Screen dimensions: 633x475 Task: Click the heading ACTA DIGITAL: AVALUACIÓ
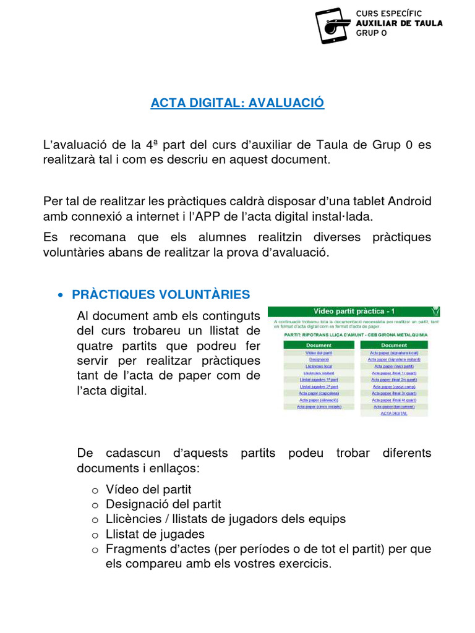pos(237,103)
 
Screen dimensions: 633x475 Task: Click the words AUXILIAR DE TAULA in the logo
pos(399,23)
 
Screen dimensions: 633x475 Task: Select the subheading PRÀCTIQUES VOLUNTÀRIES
pos(161,294)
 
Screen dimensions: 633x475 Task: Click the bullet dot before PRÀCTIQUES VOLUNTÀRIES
pos(60,295)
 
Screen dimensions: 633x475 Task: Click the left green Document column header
pos(319,345)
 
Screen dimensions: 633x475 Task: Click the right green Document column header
pos(394,345)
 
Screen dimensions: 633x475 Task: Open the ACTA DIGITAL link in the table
pos(394,414)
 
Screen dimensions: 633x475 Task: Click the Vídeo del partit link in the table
pos(319,352)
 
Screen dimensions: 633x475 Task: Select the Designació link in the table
pos(319,359)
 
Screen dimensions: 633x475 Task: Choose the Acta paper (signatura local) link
pos(394,352)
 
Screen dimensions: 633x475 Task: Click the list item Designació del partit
pos(163,504)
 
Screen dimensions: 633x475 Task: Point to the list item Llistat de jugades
pos(155,533)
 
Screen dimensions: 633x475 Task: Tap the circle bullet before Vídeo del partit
pos(95,490)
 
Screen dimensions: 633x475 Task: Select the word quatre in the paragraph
pos(96,346)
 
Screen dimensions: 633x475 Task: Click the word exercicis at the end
pos(304,563)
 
